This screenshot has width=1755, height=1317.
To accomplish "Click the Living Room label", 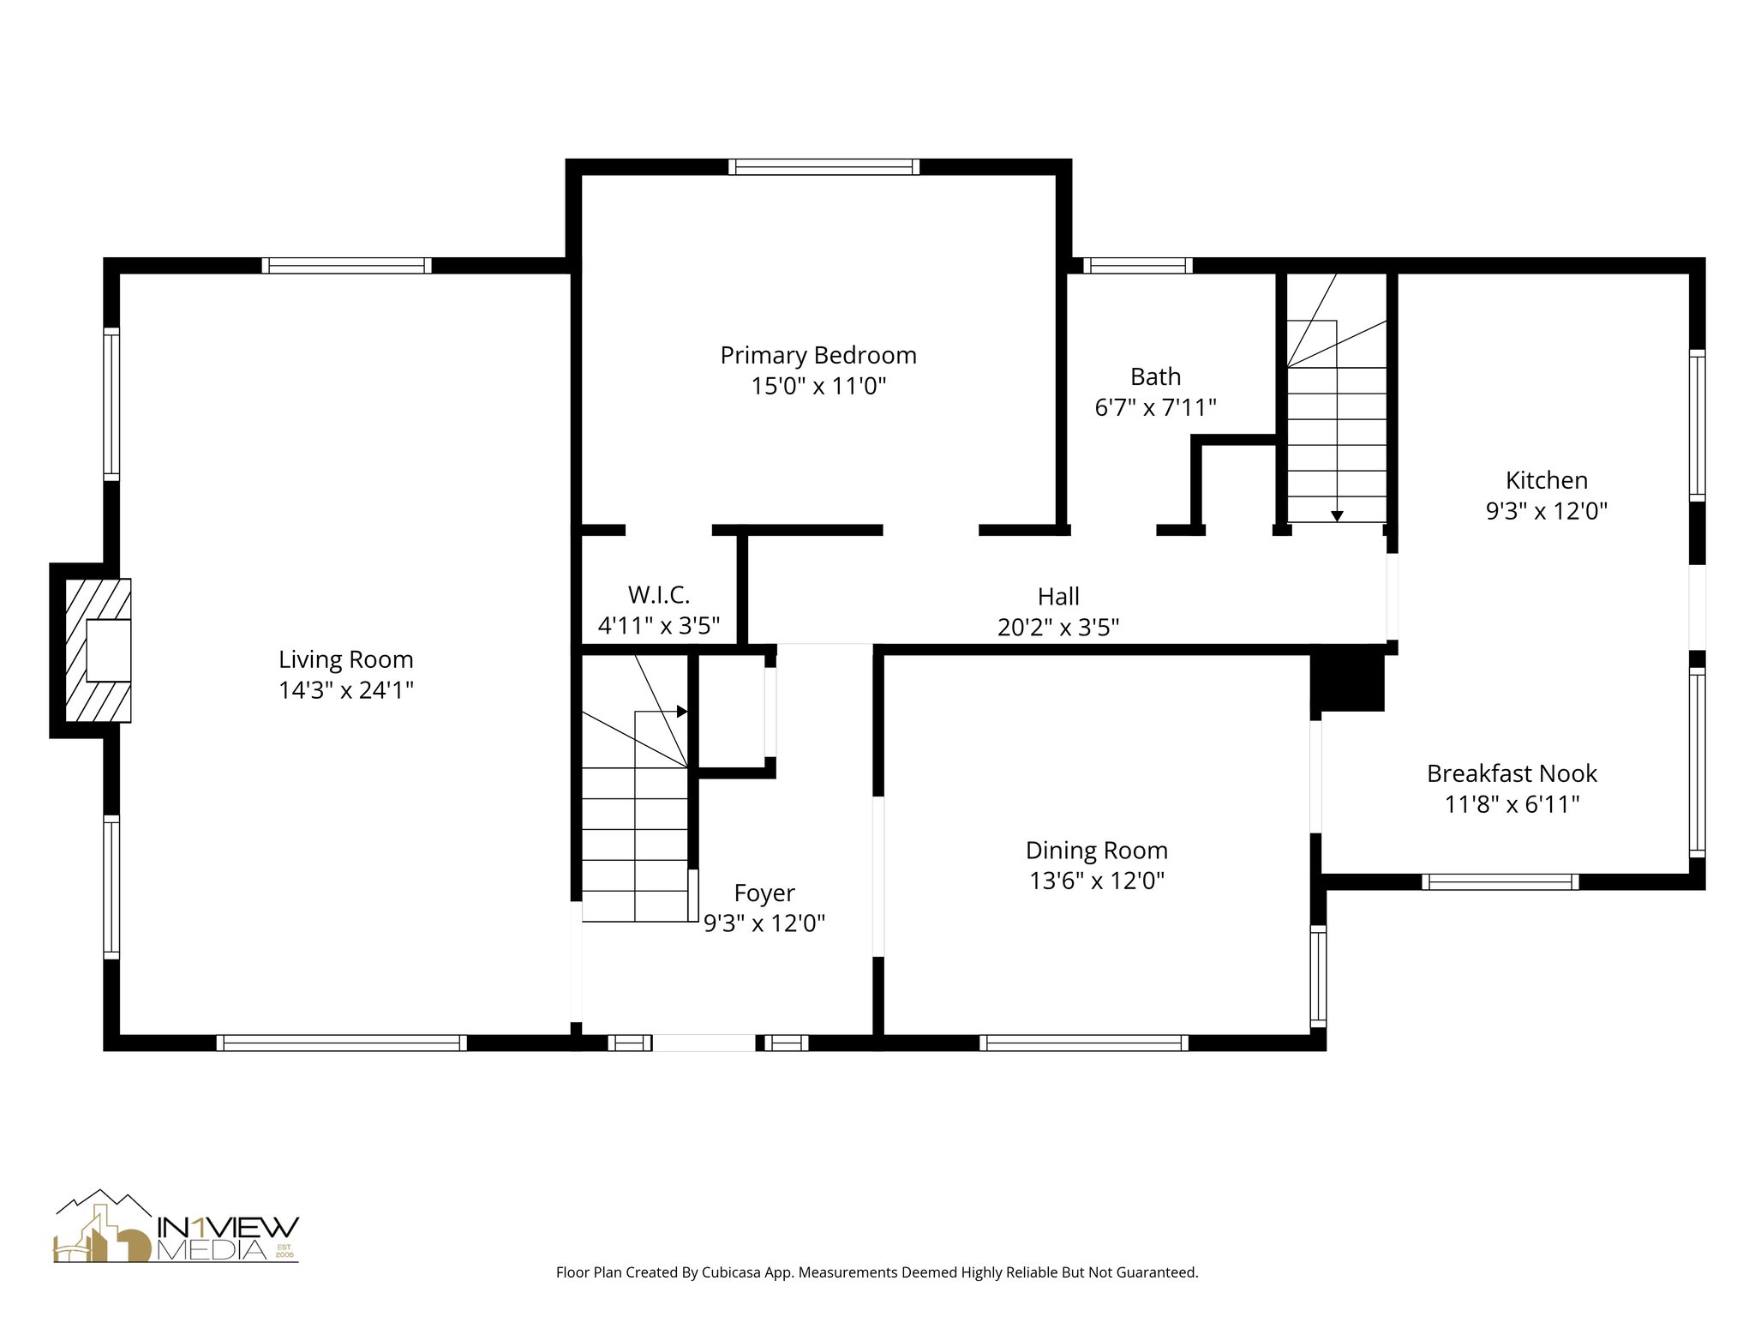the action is click(x=345, y=659).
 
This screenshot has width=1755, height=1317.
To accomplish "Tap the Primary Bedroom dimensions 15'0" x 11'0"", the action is click(x=818, y=386).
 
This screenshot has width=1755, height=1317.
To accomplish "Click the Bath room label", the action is click(x=1155, y=376).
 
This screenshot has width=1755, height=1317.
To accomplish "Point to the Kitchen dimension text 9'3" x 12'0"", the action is click(x=1546, y=511).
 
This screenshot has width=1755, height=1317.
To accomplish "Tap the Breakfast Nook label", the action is click(x=1512, y=773).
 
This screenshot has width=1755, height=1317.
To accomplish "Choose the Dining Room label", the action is click(x=1097, y=851).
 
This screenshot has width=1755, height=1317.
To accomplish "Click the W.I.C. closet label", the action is click(x=658, y=595).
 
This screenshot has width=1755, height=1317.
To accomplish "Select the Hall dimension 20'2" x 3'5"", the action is click(x=1058, y=628).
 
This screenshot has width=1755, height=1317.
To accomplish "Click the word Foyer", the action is click(x=764, y=893).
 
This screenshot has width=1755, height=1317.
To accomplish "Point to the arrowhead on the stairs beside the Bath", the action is click(x=1337, y=516).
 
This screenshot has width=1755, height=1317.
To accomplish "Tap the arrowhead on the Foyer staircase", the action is click(x=682, y=711).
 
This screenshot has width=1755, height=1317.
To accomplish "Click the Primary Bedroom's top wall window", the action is click(x=824, y=166).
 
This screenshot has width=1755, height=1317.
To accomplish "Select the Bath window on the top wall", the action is click(x=1137, y=266).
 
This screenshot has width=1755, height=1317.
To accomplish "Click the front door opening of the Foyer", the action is click(x=704, y=1043).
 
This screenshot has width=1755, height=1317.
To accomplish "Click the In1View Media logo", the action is click(x=177, y=1226).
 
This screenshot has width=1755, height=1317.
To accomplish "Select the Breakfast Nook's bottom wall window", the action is click(x=1500, y=881).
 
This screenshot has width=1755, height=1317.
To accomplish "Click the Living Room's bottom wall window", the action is click(x=341, y=1043).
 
